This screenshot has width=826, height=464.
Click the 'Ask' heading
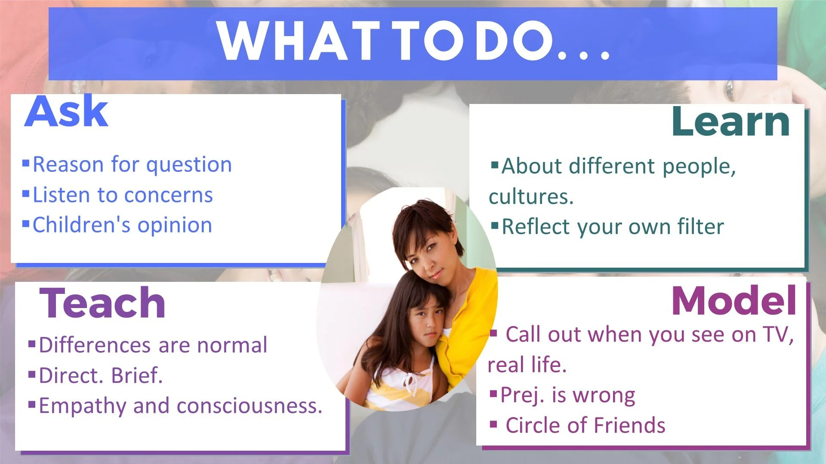tap(66, 111)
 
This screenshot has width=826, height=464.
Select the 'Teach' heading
tap(102, 303)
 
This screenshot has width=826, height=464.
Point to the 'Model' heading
tap(734, 301)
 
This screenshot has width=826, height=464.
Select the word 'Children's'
tap(81, 225)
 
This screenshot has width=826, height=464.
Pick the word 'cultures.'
tap(531, 197)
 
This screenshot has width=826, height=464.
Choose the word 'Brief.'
tap(137, 375)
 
